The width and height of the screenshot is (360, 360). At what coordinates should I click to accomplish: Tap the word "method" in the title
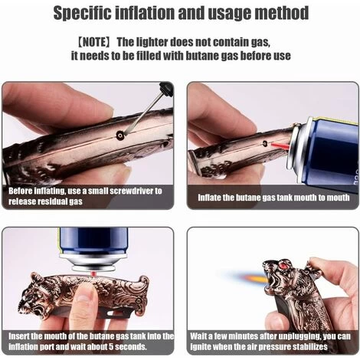(x=280, y=13)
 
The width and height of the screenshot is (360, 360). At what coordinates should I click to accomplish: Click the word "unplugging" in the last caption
(x=286, y=335)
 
